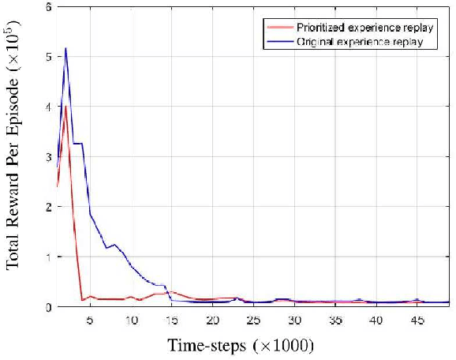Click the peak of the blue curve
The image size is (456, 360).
coord(65,48)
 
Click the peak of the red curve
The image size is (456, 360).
coord(65,105)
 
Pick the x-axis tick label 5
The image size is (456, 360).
coord(89,320)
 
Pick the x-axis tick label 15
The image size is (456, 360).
coord(171,320)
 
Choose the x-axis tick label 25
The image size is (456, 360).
coord(253,320)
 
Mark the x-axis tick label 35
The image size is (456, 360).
coord(335,320)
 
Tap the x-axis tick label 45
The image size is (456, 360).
coord(417,320)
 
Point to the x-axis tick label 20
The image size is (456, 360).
coord(212,320)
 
